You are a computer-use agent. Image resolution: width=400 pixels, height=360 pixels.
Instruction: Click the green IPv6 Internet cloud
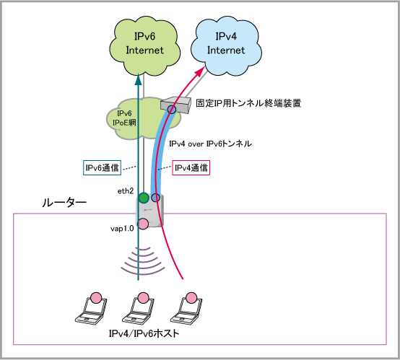[x=144, y=46]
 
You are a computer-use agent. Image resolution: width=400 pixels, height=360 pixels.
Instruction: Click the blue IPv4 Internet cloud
[x=226, y=46]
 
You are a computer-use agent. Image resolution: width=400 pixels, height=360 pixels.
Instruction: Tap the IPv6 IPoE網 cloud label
[x=124, y=118]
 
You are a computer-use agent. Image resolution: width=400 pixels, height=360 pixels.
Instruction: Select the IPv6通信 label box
[x=102, y=167]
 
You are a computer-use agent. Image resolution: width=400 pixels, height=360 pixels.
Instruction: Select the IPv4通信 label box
[x=191, y=167]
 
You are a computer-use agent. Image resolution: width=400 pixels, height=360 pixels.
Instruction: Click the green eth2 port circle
[x=144, y=198]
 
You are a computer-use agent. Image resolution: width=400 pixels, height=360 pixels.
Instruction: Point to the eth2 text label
[x=126, y=191]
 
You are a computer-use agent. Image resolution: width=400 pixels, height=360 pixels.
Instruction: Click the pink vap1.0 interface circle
[x=143, y=224]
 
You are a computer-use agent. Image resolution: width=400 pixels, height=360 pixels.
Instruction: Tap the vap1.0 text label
[x=122, y=229]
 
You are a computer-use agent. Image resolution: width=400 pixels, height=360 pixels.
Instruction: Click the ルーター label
[x=64, y=203]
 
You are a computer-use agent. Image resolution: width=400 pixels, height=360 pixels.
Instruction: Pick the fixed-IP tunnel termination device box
[x=176, y=105]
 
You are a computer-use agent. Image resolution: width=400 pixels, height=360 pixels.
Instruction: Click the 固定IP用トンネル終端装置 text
[x=248, y=103]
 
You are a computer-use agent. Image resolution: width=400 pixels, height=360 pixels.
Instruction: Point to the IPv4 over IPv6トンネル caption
[x=210, y=144]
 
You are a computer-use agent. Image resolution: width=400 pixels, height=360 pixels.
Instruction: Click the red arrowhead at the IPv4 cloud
[x=200, y=71]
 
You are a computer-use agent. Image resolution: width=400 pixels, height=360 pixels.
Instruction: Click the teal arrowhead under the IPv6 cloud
[x=138, y=79]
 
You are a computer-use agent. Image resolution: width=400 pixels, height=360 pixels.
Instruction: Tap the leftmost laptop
[x=91, y=310]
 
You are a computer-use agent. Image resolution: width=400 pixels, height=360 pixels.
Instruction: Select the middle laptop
[x=138, y=310]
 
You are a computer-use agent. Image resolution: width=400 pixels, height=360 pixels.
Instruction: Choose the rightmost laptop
[x=186, y=310]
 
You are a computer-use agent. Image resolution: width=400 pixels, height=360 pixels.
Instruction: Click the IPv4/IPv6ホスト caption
[x=144, y=333]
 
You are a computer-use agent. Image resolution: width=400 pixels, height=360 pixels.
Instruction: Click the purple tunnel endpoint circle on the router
[x=156, y=198]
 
